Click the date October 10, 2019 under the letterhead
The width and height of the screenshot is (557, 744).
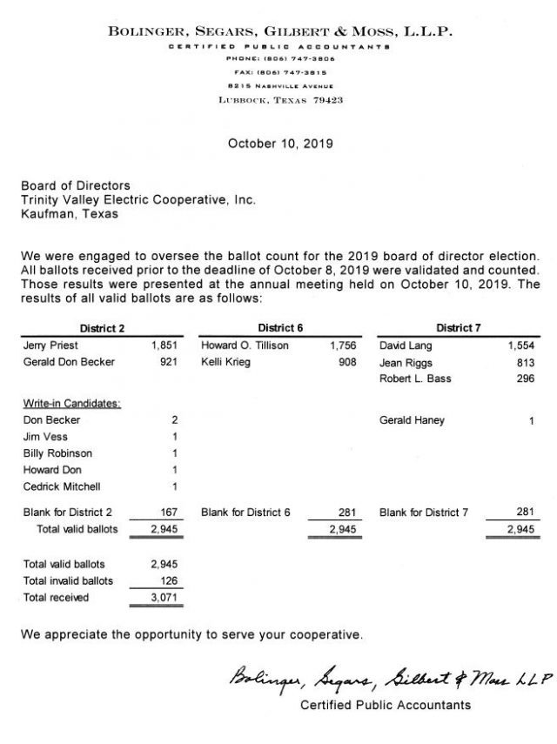(x=280, y=143)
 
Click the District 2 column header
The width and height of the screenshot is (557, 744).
(x=103, y=327)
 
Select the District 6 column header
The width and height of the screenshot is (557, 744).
(x=281, y=327)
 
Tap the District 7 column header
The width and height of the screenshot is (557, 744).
(x=459, y=327)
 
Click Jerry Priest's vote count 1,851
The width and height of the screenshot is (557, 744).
(x=164, y=345)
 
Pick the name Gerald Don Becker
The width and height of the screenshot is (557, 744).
(x=68, y=362)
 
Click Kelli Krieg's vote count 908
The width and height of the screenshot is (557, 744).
(x=346, y=362)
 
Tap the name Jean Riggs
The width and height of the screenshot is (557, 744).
(x=406, y=362)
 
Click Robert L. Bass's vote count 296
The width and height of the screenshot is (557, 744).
(x=525, y=379)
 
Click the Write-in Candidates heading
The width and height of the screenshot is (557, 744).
(x=71, y=404)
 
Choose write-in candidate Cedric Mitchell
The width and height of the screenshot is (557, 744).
(x=63, y=486)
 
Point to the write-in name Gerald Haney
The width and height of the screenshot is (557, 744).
(x=412, y=420)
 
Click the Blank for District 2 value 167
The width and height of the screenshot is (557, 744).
(x=168, y=513)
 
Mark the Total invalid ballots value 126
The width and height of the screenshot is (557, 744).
(x=168, y=580)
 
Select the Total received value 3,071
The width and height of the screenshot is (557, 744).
(x=164, y=597)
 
